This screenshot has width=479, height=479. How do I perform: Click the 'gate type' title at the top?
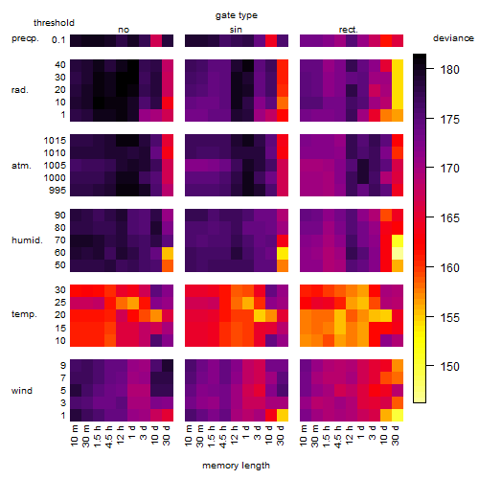(237, 15)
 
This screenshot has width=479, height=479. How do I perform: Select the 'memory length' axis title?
(236, 466)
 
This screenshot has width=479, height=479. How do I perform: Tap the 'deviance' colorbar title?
(453, 38)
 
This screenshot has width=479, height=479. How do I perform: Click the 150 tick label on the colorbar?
(449, 366)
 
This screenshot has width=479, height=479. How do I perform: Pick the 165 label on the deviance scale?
(449, 218)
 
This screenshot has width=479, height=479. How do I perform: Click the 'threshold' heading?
(54, 23)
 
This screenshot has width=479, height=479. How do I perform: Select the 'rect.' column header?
(348, 30)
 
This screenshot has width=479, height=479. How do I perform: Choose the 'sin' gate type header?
(236, 30)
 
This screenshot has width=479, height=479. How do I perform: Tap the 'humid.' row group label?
(27, 240)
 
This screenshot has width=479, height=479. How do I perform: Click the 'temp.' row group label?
(24, 314)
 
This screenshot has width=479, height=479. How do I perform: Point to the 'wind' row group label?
(22, 391)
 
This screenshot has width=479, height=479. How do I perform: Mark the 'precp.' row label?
(25, 38)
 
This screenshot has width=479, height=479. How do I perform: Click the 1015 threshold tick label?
(55, 141)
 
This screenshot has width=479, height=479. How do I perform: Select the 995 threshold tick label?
(57, 191)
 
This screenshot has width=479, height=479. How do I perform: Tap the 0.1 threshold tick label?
(58, 40)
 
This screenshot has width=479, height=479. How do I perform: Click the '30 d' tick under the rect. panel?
(396, 435)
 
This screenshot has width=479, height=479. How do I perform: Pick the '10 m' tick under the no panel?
(74, 435)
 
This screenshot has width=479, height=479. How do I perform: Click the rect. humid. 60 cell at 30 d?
(398, 253)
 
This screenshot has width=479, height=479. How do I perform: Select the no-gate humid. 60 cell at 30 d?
(168, 253)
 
